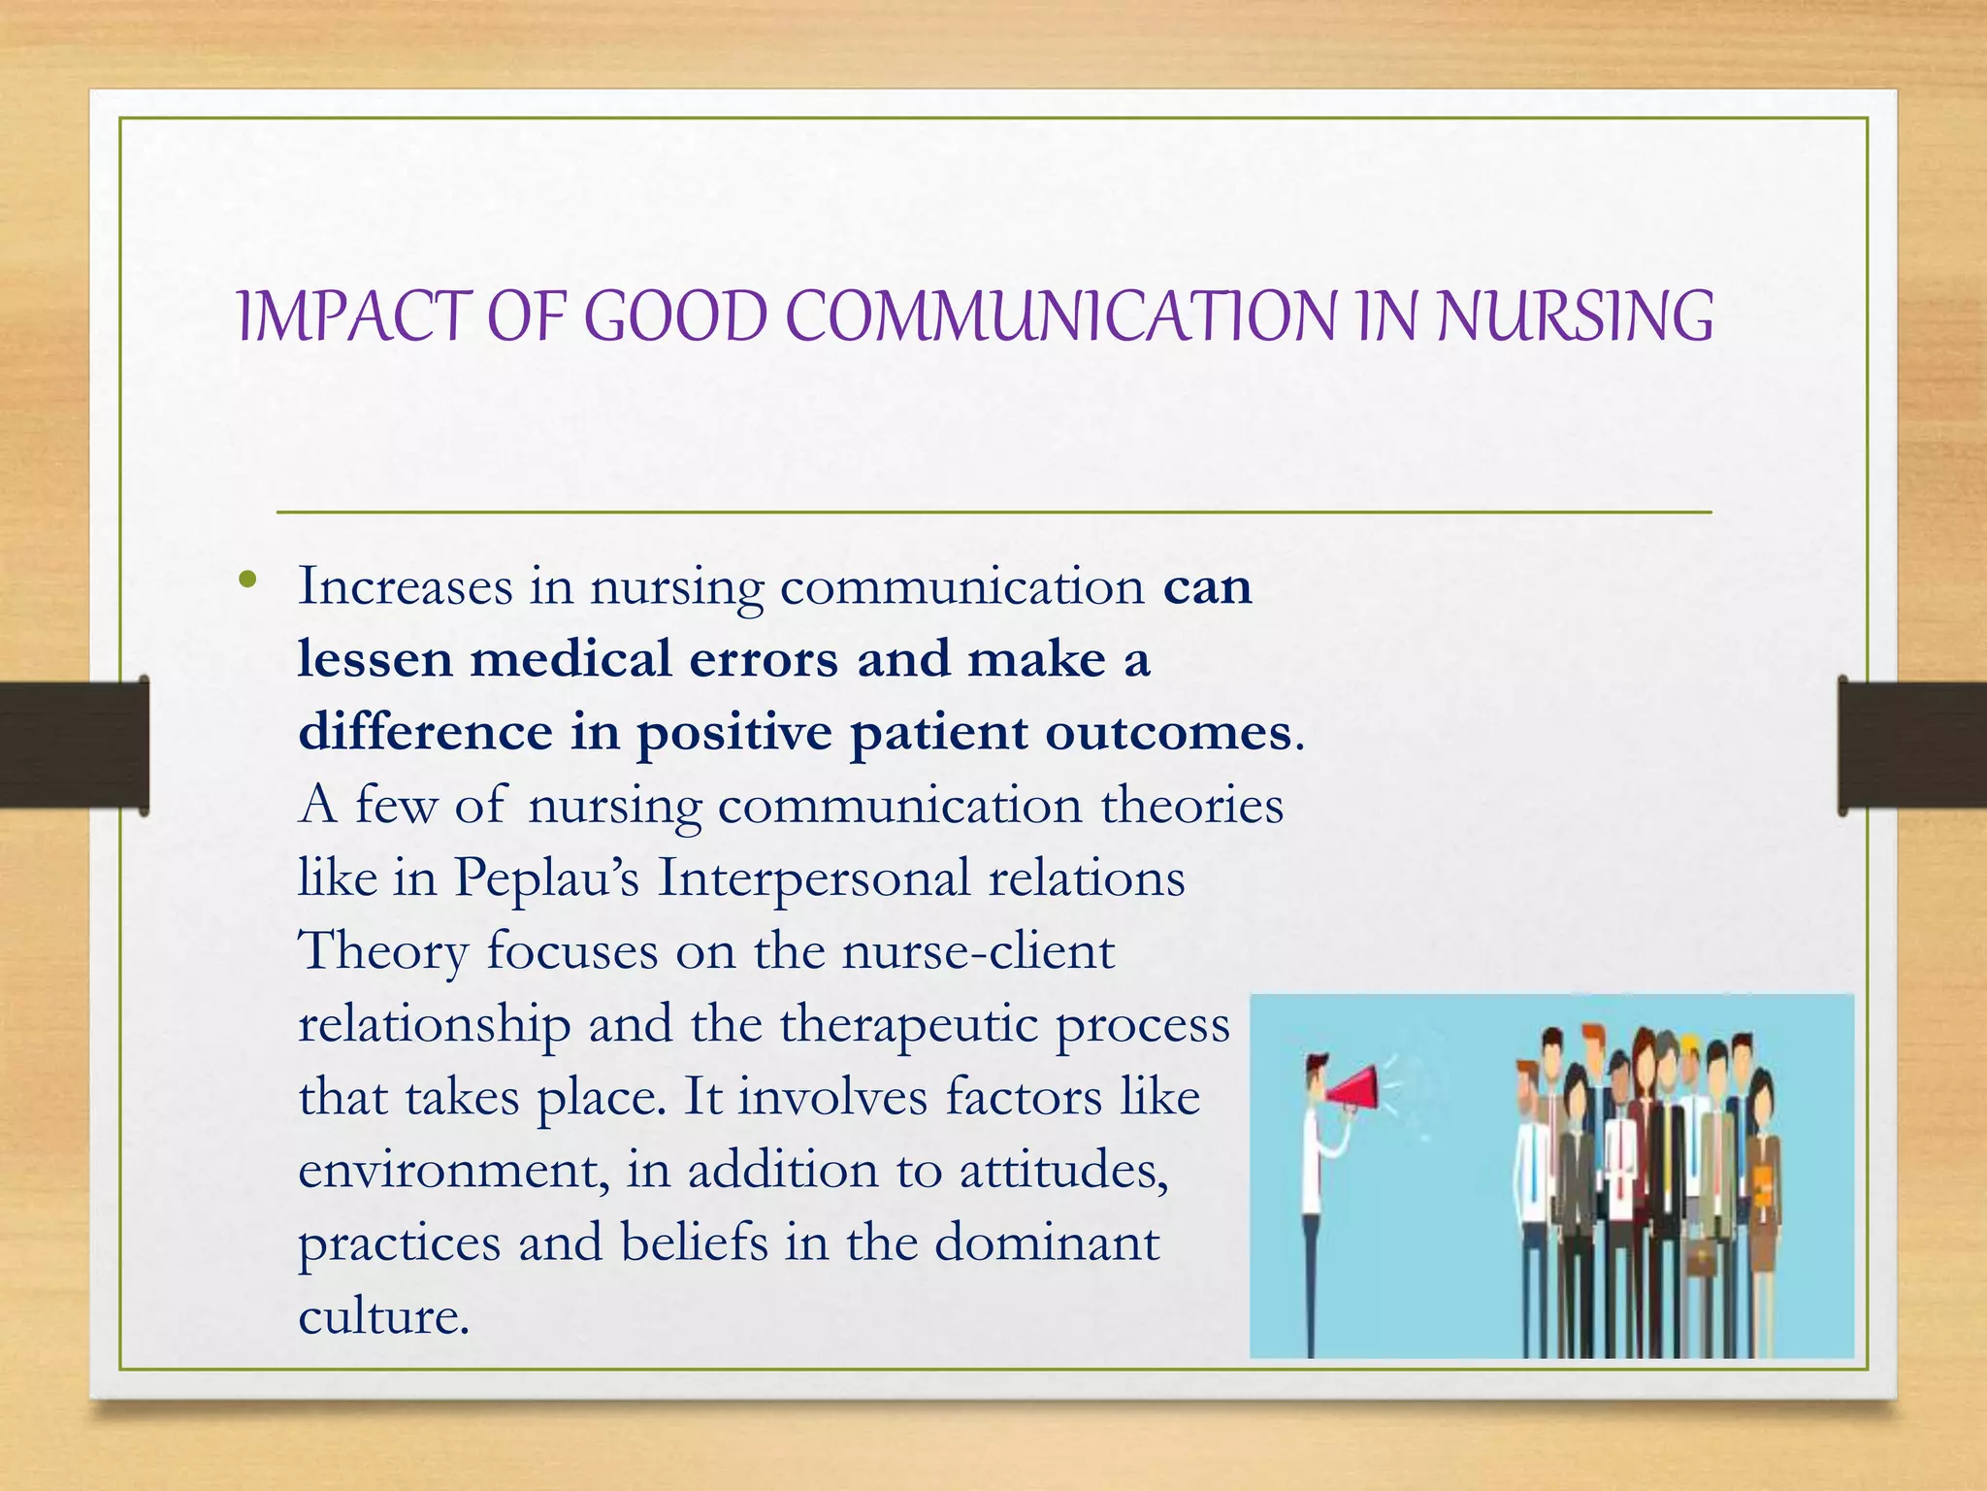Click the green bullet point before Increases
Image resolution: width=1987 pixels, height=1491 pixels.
tap(248, 580)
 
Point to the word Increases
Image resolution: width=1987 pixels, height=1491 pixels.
tap(406, 586)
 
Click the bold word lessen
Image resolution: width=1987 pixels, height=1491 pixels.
tap(375, 659)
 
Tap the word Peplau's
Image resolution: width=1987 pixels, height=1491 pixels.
tap(547, 878)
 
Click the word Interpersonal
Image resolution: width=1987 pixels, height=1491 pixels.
tap(813, 878)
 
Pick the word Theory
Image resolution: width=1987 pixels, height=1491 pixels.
tap(383, 951)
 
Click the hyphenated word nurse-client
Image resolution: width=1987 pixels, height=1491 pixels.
tap(978, 951)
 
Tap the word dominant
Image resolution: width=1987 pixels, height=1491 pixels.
tap(1047, 1243)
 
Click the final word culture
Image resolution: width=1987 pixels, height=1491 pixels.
tap(383, 1316)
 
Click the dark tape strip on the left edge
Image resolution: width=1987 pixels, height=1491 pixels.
tap(73, 745)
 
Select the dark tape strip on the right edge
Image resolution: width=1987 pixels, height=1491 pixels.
tap(1911, 745)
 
